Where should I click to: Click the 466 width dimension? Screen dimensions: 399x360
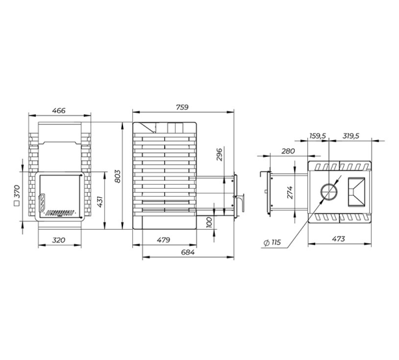(59, 111)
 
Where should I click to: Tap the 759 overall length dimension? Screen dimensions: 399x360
(182, 108)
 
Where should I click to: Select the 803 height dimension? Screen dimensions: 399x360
(117, 176)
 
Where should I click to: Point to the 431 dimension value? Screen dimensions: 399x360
(100, 202)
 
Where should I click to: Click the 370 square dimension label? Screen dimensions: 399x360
(17, 192)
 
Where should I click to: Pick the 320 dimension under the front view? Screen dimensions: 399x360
(59, 240)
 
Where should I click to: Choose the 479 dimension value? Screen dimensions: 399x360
(164, 240)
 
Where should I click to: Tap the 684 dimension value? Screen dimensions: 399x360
(188, 252)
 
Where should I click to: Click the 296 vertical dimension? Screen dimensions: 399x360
(219, 154)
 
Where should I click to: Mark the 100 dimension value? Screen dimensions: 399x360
(209, 223)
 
